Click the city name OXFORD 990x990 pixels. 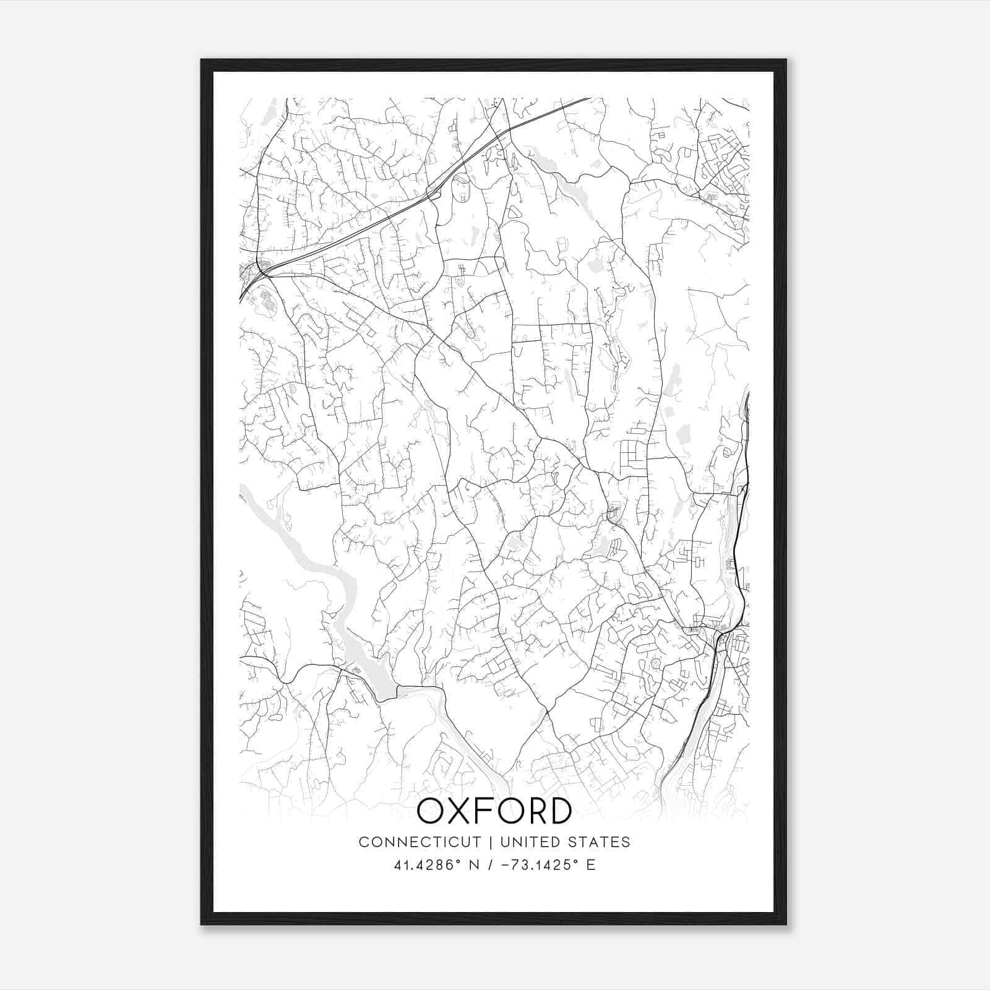494,811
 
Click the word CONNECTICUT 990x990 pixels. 420,842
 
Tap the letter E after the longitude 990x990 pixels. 591,865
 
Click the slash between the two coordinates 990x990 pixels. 491,865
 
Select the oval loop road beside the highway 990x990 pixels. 460,187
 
